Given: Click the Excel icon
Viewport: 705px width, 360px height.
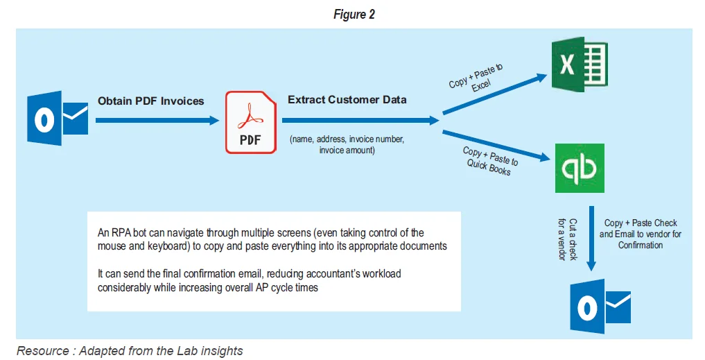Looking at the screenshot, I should (579, 65).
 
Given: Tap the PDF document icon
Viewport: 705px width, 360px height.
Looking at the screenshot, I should (250, 123).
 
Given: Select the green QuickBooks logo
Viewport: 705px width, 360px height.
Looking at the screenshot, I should (579, 168).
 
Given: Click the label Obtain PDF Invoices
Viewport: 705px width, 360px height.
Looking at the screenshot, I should (150, 101).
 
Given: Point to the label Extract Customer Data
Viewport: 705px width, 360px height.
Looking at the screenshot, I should (347, 100).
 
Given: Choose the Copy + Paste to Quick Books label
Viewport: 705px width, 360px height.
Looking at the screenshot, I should (489, 160).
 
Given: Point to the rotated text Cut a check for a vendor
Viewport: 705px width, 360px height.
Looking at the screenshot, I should (567, 239).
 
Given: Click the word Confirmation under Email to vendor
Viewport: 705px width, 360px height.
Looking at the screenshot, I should (641, 246).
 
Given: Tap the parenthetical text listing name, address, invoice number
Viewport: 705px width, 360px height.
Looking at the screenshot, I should (347, 145).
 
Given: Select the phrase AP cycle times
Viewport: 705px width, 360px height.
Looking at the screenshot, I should (283, 287).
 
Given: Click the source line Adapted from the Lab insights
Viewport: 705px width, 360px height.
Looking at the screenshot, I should (130, 351).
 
